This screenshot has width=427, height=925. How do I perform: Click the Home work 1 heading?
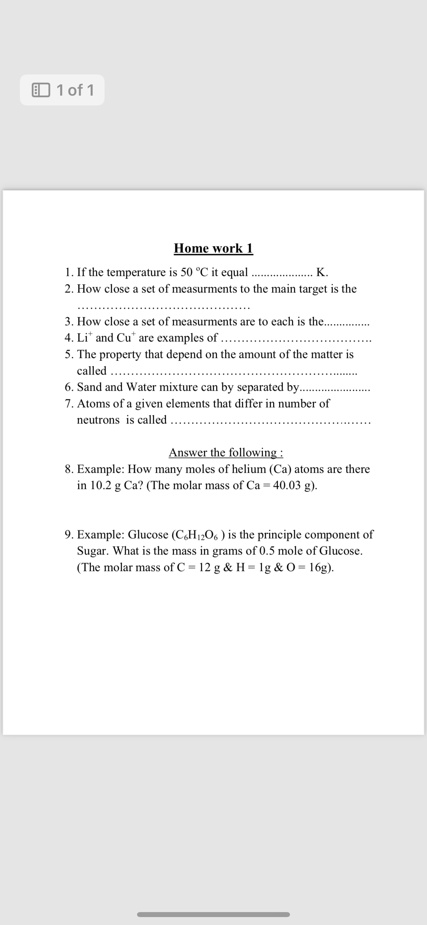[x=213, y=248]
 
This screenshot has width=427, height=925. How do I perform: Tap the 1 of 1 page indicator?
[x=62, y=90]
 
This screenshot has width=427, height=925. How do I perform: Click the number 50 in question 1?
[x=187, y=272]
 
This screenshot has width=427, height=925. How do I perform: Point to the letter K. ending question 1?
[x=322, y=272]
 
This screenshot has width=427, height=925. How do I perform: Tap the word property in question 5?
[x=120, y=354]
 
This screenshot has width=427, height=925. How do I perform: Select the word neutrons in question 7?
[x=98, y=420]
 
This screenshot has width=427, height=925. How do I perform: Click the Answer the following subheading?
[x=226, y=453]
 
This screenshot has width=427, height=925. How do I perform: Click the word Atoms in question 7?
[x=93, y=404]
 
